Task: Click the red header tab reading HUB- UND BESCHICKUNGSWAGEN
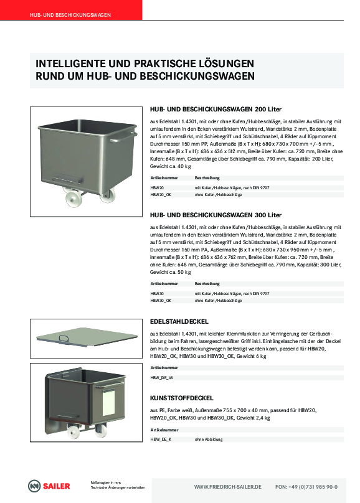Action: click(71, 10)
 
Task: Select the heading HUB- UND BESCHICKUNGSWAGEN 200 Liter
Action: click(216, 110)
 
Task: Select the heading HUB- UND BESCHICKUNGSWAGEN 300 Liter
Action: click(216, 215)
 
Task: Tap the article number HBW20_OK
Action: click(161, 195)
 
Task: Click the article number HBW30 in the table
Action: click(157, 294)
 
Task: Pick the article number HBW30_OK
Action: click(161, 301)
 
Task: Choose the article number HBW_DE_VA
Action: click(162, 378)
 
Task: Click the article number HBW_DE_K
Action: click(161, 440)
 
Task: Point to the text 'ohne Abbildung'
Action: click(209, 440)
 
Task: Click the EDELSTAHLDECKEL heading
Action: click(179, 321)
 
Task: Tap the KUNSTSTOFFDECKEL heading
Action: click(182, 398)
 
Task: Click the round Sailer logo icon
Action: click(34, 486)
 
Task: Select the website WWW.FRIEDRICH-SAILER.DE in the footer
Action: click(228, 487)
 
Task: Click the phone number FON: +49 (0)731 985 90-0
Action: click(306, 487)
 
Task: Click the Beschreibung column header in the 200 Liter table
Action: click(207, 178)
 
